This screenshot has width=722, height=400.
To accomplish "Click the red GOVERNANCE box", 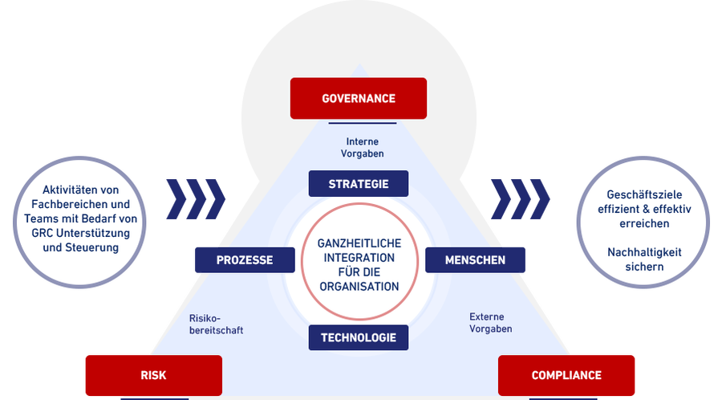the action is (359, 98).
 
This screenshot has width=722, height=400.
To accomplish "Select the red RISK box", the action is (154, 375).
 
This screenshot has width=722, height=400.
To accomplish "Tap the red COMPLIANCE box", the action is (566, 375).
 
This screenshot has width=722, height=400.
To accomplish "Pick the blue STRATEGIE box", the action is (359, 184).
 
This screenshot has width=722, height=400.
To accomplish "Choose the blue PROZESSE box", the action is (245, 260).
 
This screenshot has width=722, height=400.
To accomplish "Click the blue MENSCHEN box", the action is (475, 260).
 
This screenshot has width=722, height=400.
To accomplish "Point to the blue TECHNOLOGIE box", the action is (359, 338).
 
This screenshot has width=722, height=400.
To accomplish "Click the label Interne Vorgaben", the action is (363, 148).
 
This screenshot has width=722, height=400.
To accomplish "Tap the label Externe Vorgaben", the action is (490, 323).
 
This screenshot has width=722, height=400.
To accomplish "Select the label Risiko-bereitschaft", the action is (216, 324).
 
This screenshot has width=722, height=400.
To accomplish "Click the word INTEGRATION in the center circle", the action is (359, 258).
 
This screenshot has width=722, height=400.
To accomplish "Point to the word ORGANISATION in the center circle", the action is (359, 287).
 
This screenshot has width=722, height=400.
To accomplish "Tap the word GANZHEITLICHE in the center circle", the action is (359, 243).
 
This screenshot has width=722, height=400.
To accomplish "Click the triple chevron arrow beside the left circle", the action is (196, 199).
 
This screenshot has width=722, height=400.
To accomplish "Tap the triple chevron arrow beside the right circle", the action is (521, 199).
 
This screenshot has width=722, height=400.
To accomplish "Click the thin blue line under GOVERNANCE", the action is (363, 123).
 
